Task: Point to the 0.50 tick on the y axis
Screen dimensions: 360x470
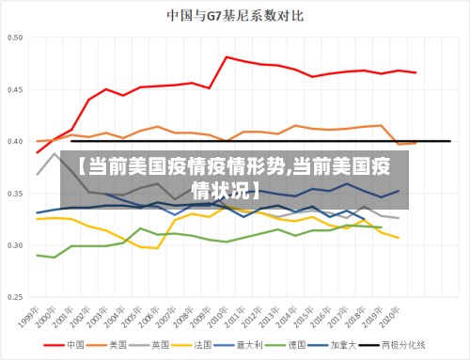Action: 17,39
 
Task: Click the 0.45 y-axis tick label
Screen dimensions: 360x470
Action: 17,90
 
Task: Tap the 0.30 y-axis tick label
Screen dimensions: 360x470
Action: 17,245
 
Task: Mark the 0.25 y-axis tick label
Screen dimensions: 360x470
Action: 17,297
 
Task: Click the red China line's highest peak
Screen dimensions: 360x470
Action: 227,57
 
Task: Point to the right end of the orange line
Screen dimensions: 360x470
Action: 415,143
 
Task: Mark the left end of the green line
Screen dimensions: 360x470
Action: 38,255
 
